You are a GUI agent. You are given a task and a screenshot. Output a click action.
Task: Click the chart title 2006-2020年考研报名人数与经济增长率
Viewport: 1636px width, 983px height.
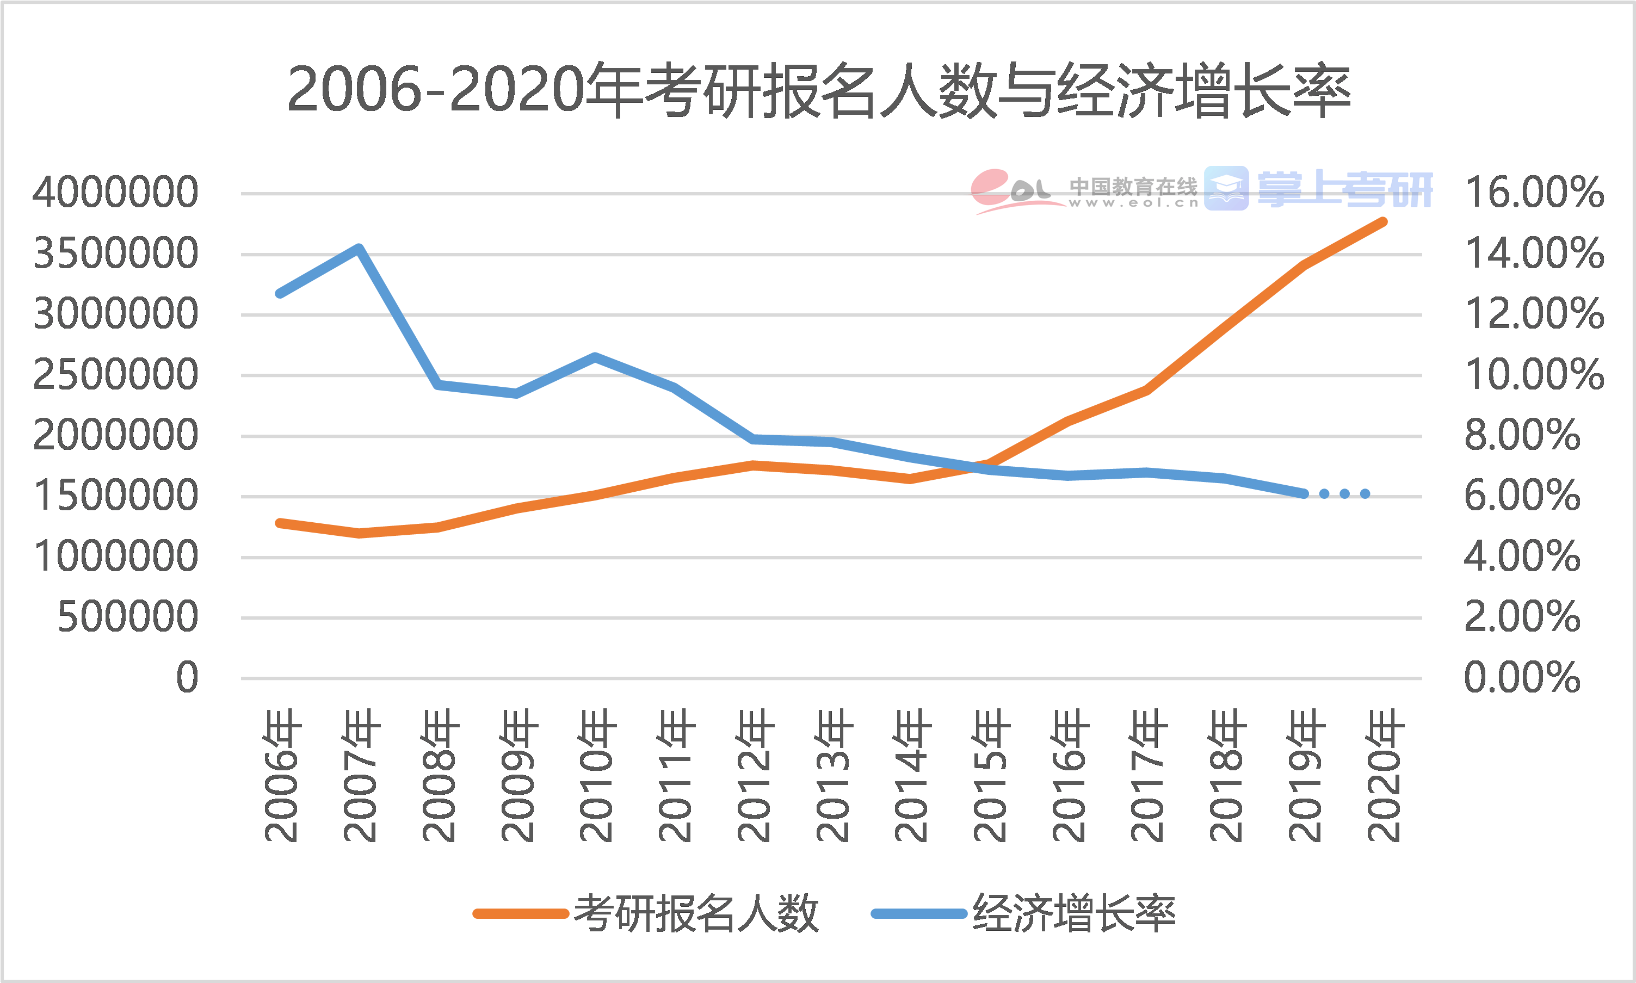[819, 91]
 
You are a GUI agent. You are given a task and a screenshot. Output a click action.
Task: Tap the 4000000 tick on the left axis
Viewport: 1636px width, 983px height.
[115, 193]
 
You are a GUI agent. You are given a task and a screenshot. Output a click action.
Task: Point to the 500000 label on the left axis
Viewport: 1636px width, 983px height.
[128, 617]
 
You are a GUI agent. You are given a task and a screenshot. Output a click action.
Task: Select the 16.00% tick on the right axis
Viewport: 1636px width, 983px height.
[1534, 193]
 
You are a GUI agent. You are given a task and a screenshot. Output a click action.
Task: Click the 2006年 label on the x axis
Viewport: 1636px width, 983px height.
[281, 775]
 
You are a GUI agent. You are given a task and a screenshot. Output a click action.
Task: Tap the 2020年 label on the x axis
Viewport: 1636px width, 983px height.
[1384, 775]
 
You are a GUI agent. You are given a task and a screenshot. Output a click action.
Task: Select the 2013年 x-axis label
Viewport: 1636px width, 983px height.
[832, 775]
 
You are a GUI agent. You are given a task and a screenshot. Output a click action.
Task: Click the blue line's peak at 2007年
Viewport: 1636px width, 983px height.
[359, 249]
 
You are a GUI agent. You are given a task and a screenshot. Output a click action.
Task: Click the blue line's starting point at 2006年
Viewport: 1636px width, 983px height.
[280, 293]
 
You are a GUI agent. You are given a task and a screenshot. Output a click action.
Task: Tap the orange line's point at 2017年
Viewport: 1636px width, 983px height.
[1146, 390]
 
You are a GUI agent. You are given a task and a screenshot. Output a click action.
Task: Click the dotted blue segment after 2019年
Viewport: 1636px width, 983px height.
[1344, 493]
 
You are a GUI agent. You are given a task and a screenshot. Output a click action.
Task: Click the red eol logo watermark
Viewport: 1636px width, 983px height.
[1010, 190]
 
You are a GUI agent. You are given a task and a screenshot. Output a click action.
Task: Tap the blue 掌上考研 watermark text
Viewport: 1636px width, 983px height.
[1344, 189]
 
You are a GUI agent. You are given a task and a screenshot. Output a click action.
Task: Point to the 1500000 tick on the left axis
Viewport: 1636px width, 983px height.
[115, 496]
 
